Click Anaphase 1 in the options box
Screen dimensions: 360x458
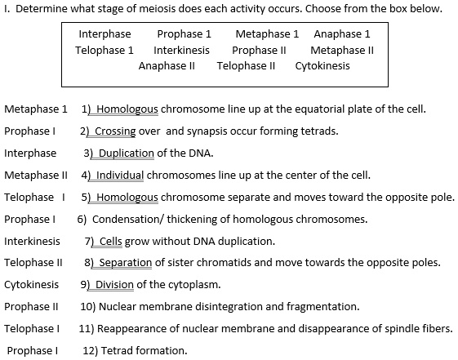342,34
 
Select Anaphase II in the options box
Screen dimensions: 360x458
167,65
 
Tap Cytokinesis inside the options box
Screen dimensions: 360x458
322,65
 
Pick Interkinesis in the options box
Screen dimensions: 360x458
181,50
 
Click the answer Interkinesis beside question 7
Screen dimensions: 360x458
32,241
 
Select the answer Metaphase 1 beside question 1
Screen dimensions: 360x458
36,109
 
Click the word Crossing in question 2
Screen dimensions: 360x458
115,131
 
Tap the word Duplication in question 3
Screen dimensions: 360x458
127,153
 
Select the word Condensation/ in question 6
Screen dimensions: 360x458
124,219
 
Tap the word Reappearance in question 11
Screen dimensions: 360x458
131,329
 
